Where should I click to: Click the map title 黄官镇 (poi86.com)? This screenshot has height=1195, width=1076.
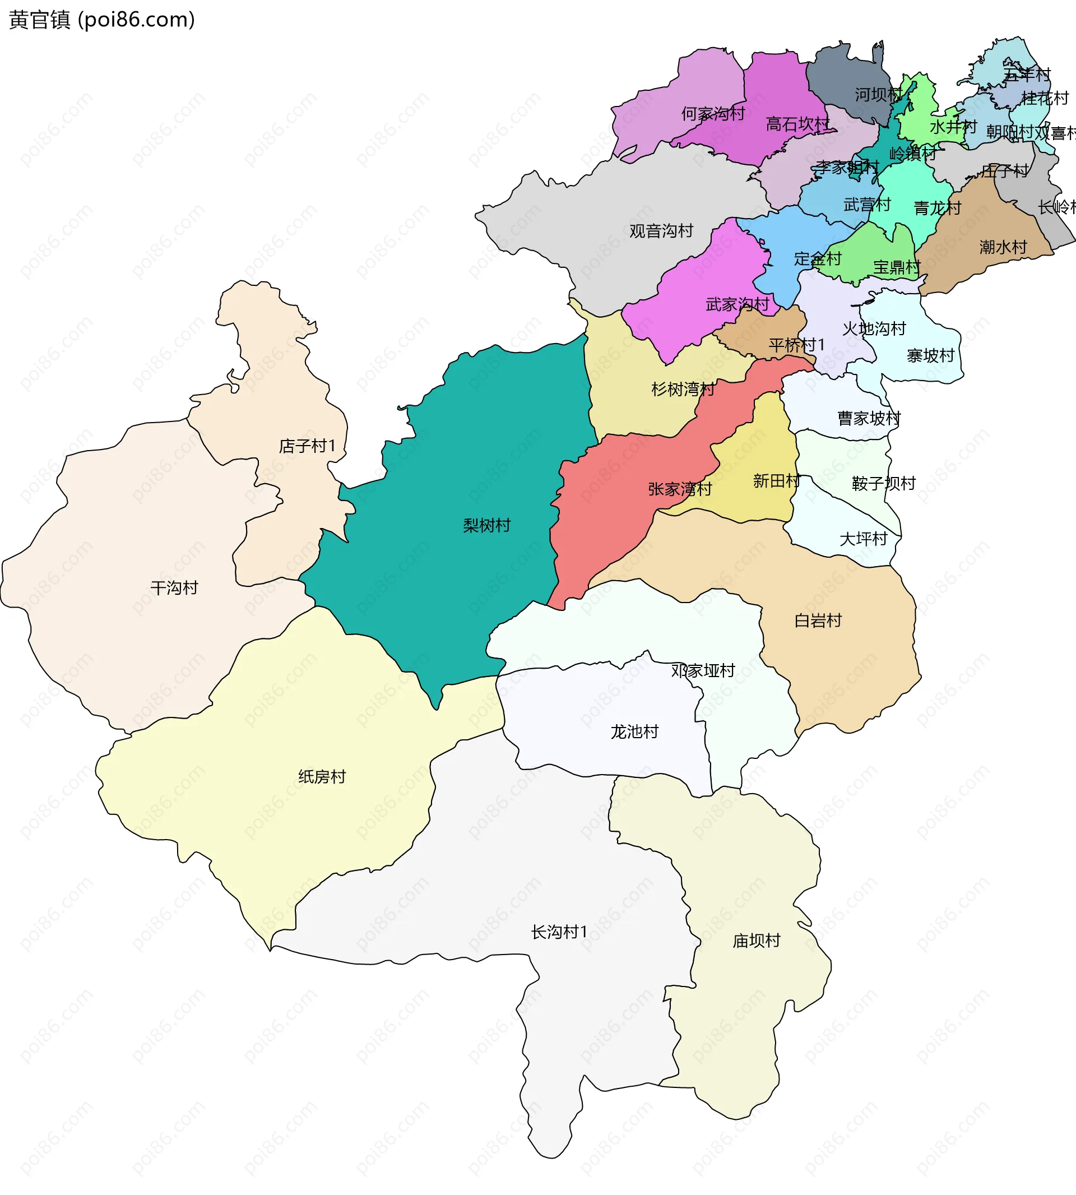click(x=101, y=20)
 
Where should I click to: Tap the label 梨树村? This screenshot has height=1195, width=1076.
click(x=486, y=525)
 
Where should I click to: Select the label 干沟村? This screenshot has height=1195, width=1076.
click(x=174, y=588)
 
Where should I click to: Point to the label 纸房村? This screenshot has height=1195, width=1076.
click(x=322, y=776)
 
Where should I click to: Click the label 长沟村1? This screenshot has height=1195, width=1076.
click(x=559, y=932)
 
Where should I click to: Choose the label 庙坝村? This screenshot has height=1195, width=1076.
click(x=756, y=940)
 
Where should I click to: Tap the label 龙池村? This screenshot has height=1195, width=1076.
click(x=634, y=731)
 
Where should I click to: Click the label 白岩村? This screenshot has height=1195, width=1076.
click(x=818, y=620)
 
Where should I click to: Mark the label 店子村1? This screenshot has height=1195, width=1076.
click(x=308, y=446)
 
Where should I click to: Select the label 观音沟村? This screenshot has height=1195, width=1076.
click(x=661, y=230)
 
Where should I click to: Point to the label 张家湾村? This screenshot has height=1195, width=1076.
click(x=680, y=489)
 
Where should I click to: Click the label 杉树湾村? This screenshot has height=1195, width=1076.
click(x=683, y=389)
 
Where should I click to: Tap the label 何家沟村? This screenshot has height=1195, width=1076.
click(x=713, y=114)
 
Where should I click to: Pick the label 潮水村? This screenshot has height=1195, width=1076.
click(x=1003, y=247)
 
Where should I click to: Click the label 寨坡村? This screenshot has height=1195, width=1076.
click(x=930, y=355)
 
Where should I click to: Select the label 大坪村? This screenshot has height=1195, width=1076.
click(x=863, y=539)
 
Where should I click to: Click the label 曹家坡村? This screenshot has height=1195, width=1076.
click(x=869, y=418)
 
